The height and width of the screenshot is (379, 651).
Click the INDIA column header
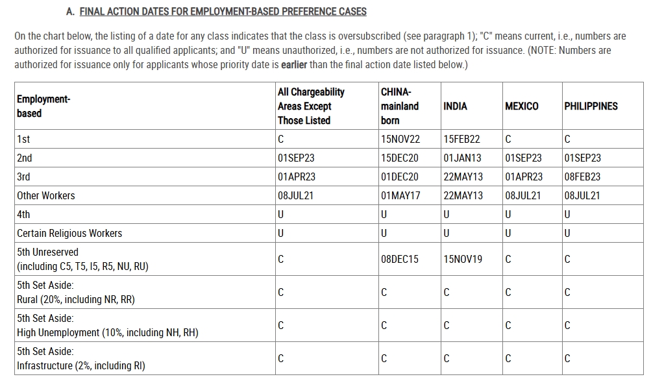pyautogui.click(x=455, y=106)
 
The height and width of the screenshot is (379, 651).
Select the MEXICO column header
pyautogui.click(x=521, y=106)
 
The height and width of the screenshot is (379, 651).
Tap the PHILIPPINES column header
pyautogui.click(x=591, y=106)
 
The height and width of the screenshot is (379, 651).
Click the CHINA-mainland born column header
pyautogui.click(x=400, y=106)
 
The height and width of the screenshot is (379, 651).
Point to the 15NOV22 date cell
pyautogui.click(x=400, y=140)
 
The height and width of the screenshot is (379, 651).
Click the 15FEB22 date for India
pyautogui.click(x=462, y=140)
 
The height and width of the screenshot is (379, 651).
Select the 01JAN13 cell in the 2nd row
pyautogui.click(x=462, y=158)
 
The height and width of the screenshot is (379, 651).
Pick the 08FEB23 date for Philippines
pyautogui.click(x=582, y=177)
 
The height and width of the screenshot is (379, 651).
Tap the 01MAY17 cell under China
pyautogui.click(x=400, y=196)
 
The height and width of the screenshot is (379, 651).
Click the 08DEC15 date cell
pyautogui.click(x=400, y=260)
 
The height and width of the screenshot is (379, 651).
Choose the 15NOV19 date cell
pyautogui.click(x=463, y=260)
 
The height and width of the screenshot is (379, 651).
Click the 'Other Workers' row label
pyautogui.click(x=46, y=196)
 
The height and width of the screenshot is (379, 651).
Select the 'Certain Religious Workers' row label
pyautogui.click(x=69, y=234)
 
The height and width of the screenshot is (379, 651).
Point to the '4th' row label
pyautogui.click(x=23, y=215)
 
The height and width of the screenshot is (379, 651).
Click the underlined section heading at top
pyautogui.click(x=223, y=12)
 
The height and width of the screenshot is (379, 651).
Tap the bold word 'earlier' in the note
pyautogui.click(x=294, y=65)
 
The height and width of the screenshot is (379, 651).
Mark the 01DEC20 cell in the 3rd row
pyautogui.click(x=400, y=177)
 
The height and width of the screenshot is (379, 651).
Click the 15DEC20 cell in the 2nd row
pyautogui.click(x=400, y=158)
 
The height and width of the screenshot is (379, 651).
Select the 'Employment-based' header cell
pyautogui.click(x=43, y=106)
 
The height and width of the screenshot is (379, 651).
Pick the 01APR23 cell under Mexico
pyautogui.click(x=524, y=177)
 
